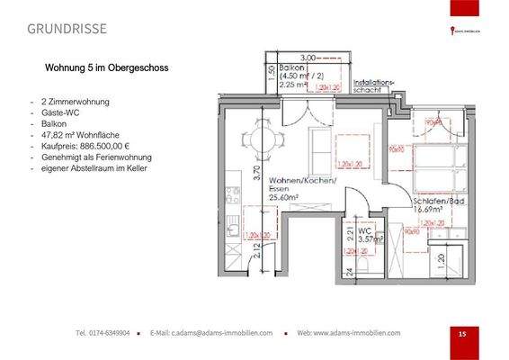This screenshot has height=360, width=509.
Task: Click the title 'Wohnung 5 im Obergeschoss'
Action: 106,67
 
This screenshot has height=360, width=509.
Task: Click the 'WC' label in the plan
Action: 363,230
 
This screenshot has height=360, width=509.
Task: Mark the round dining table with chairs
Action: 263,140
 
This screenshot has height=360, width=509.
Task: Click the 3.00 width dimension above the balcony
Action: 310,56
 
